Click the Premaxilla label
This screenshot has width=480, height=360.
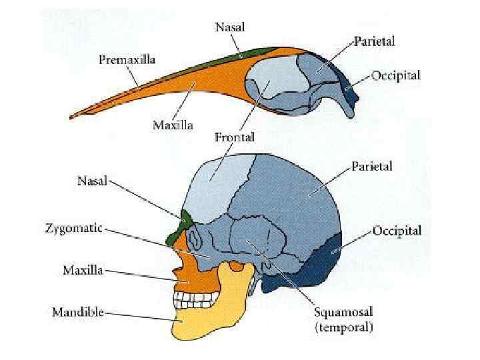[x=127, y=60]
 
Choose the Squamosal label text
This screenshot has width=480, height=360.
[x=344, y=313]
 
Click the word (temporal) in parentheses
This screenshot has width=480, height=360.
[x=344, y=327]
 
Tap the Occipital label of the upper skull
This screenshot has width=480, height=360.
[x=396, y=75]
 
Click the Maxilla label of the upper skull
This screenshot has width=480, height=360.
[x=173, y=125]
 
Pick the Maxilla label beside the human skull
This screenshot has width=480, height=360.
[x=83, y=271]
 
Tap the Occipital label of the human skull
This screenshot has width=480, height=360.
[x=396, y=231]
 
